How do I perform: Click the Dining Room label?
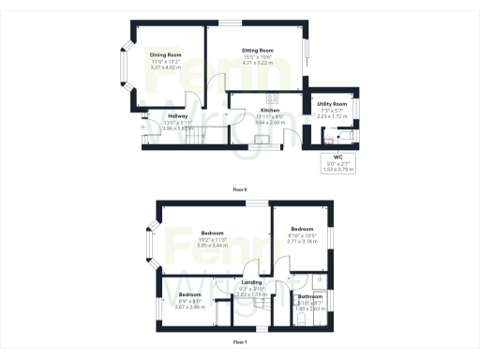165,55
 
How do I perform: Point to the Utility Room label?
333,104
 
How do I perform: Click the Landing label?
251,282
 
